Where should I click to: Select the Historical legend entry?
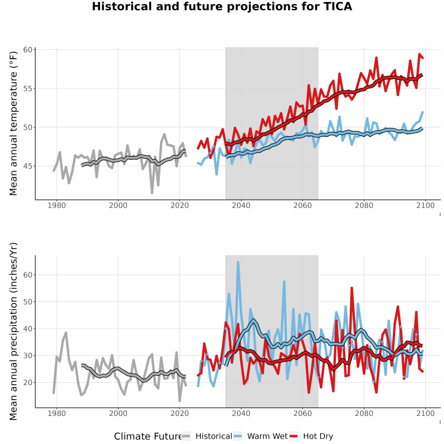[x=207, y=436]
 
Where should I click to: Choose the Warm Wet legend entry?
[x=260, y=436]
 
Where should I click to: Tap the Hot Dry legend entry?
[x=311, y=436]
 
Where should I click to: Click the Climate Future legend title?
[x=148, y=437]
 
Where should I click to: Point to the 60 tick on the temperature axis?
[x=28, y=50]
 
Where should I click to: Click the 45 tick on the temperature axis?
[x=28, y=166]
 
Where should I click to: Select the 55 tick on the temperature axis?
[x=28, y=89]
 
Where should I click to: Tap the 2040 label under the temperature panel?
[x=241, y=205]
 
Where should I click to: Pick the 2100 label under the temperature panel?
[x=425, y=205]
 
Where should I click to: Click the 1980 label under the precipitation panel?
[x=57, y=413]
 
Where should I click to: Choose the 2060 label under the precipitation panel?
[x=302, y=413]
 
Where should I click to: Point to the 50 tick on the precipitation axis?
[x=28, y=302]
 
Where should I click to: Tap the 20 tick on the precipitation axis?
[x=28, y=382]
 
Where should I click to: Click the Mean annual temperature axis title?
[x=13, y=123]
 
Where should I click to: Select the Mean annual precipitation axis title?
[x=13, y=332]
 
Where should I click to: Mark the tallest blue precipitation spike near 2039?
[x=238, y=262]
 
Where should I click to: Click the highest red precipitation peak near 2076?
[x=352, y=288]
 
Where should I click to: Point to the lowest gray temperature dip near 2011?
[x=152, y=193]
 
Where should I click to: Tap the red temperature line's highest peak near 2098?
[x=419, y=54]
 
